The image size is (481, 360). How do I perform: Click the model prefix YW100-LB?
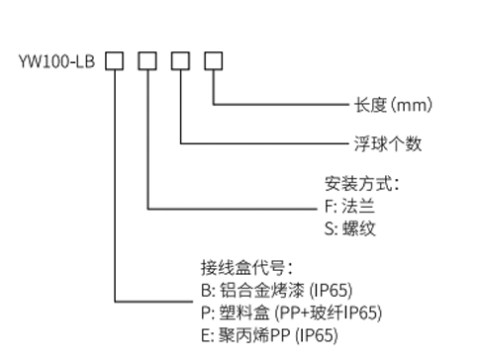tap(56, 61)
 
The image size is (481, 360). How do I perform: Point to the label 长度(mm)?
tap(393, 105)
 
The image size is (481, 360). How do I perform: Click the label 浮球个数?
tap(388, 143)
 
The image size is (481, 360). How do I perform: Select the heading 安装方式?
tap(362, 184)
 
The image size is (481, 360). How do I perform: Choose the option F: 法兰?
tap(349, 206)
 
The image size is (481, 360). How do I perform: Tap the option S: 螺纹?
tap(350, 228)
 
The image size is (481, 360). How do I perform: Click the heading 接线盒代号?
tap(246, 268)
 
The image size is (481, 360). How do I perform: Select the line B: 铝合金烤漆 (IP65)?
tap(277, 291)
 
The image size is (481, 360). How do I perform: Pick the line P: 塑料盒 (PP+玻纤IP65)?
tap(292, 313)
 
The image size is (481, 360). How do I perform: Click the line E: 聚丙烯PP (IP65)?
tap(269, 335)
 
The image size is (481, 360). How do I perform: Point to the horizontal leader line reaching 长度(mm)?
tap(281, 105)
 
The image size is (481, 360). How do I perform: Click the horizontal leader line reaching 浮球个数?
tap(264, 143)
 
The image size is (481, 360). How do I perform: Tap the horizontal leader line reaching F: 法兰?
tap(232, 209)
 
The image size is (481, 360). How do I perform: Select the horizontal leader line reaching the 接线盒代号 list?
tap(153, 302)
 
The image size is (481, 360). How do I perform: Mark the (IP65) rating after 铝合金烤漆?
tap(331, 291)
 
